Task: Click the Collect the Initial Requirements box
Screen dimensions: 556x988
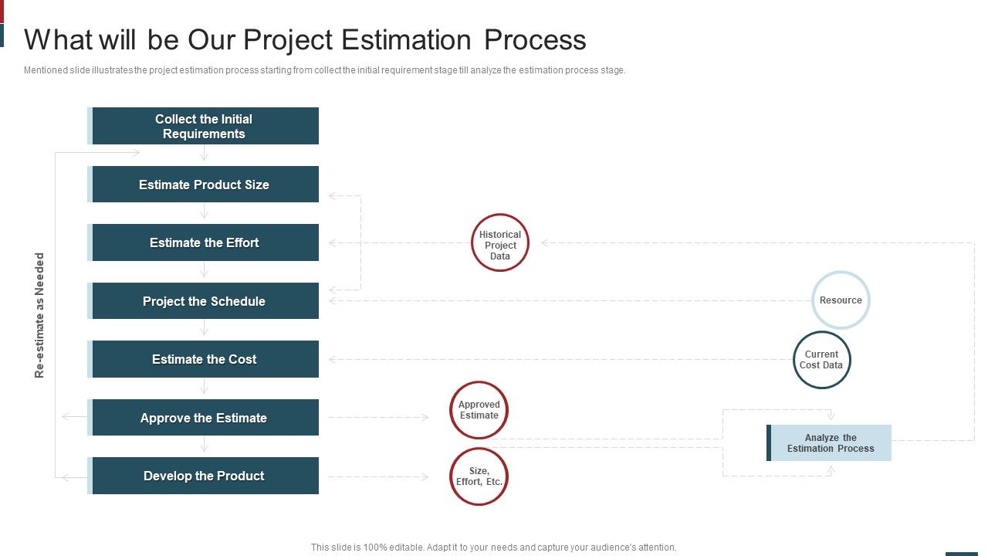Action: pyautogui.click(x=205, y=126)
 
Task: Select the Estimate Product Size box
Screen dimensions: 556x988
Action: pyautogui.click(x=205, y=185)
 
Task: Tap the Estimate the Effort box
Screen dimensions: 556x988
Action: pyautogui.click(x=205, y=242)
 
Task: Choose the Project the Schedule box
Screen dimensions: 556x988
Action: pyautogui.click(x=205, y=301)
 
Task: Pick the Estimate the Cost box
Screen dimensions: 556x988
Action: pyautogui.click(x=205, y=359)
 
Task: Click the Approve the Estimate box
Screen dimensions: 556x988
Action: pyautogui.click(x=205, y=418)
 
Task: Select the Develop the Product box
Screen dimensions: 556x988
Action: pyautogui.click(x=205, y=476)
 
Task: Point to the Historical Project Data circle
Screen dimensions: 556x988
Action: pyautogui.click(x=500, y=242)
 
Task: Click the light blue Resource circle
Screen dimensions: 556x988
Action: pyautogui.click(x=841, y=300)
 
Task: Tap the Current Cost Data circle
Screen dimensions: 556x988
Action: pyautogui.click(x=821, y=360)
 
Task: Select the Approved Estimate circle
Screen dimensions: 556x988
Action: pyautogui.click(x=479, y=410)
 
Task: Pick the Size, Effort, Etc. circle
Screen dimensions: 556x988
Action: pyautogui.click(x=479, y=476)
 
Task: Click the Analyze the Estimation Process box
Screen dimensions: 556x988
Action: pyautogui.click(x=830, y=443)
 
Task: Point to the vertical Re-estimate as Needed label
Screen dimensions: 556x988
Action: pyautogui.click(x=40, y=315)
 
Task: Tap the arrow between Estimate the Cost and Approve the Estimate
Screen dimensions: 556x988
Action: pyautogui.click(x=205, y=388)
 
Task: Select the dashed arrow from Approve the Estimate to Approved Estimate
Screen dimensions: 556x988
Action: pyautogui.click(x=378, y=418)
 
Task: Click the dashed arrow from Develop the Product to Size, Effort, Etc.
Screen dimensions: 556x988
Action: pyautogui.click(x=378, y=476)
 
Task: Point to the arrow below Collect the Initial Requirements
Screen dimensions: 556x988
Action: pyautogui.click(x=205, y=154)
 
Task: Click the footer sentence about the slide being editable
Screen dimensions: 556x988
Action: pyautogui.click(x=494, y=547)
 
